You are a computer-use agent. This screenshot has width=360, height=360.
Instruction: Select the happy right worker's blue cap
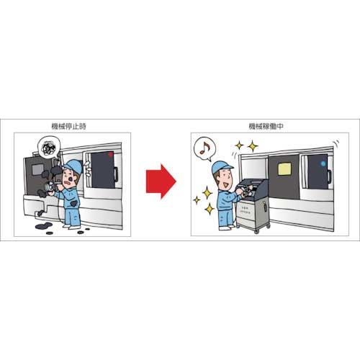coord(223,168)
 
